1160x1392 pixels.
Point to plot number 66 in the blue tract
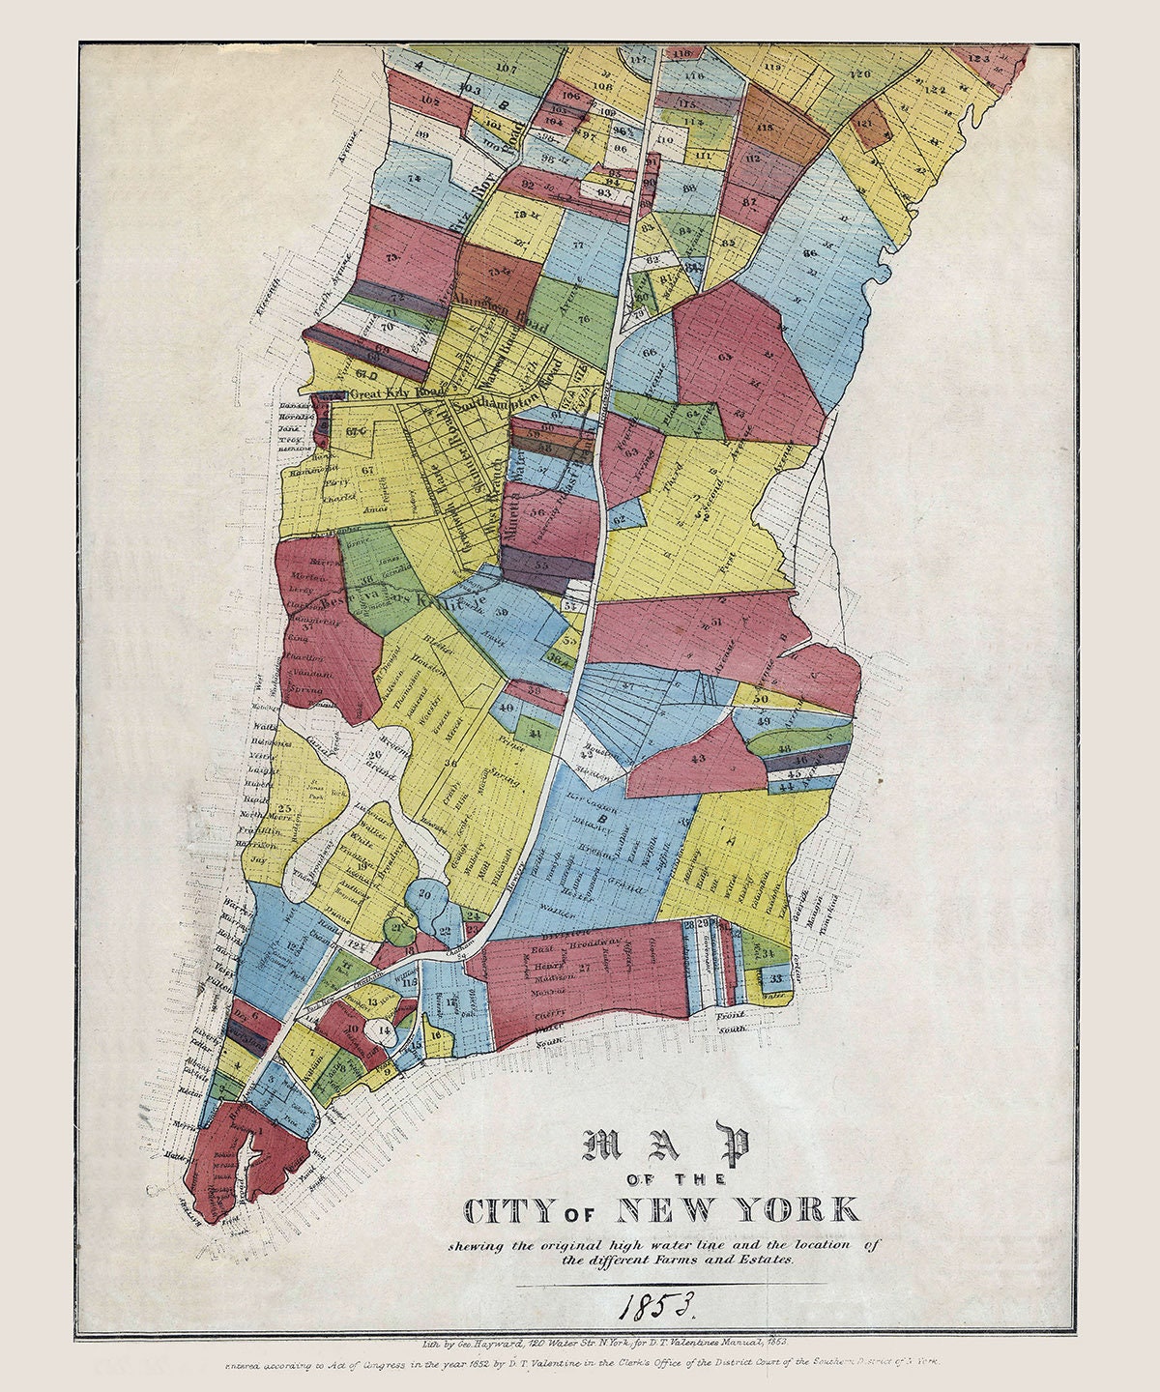pos(810,253)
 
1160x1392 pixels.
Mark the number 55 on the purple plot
pos(541,562)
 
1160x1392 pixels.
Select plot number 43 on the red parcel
pos(699,760)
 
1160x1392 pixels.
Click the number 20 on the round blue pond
pos(423,895)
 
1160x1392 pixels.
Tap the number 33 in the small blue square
pos(776,978)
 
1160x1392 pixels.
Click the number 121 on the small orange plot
pos(864,125)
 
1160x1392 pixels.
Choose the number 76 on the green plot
pos(584,317)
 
